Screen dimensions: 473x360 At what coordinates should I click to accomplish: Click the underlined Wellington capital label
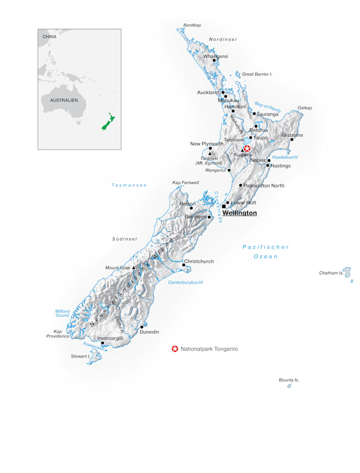pos(239,213)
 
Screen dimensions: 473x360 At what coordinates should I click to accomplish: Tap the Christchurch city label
pos(199,261)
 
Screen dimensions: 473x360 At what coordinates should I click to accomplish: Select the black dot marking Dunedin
pos(142,326)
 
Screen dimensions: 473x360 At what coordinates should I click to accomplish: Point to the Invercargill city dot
pos(102,343)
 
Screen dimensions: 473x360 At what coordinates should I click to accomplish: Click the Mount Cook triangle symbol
pos(134,268)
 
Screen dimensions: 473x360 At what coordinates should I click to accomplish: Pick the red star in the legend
pos(175,349)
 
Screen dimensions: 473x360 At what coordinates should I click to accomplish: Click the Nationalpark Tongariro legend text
pos(209,349)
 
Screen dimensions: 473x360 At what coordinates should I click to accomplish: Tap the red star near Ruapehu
pos(248,148)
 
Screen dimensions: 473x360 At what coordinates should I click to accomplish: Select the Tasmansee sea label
pos(129,185)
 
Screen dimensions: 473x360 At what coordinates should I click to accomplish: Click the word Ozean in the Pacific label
pos(265,256)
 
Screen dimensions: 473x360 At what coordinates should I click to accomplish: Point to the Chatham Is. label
pos(331,273)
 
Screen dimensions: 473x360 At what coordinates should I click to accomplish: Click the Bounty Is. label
pos(289,380)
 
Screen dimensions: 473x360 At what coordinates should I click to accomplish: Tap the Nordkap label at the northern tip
pos(192,25)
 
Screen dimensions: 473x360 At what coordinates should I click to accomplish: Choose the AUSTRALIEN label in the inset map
pos(60,101)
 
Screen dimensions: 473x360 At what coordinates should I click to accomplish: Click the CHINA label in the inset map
pos(49,37)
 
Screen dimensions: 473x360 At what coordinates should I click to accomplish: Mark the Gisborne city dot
pos(291,140)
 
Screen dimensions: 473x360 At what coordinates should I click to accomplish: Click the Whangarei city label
pos(216,56)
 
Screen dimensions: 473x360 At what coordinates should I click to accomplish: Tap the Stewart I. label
pos(80,357)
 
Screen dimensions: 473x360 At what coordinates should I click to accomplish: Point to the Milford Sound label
pos(62,313)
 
